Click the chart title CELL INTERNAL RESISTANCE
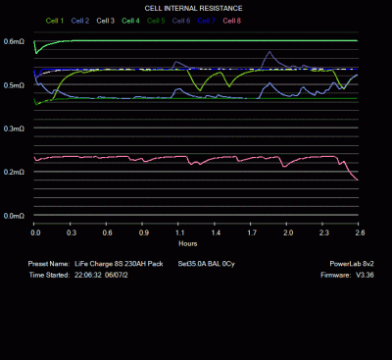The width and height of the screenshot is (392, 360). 194,8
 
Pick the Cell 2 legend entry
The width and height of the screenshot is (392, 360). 81,20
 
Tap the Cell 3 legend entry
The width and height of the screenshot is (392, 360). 106,20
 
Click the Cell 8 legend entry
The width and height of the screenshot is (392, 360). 232,20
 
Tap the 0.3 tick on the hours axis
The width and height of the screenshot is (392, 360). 72,233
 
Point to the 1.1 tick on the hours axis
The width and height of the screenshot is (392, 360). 180,233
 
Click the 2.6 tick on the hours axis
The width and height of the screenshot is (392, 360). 360,233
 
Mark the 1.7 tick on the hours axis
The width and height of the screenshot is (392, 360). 252,233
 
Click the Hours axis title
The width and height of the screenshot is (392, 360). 188,243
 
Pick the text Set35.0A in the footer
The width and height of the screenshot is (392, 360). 193,264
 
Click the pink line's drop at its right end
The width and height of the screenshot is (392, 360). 353,175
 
